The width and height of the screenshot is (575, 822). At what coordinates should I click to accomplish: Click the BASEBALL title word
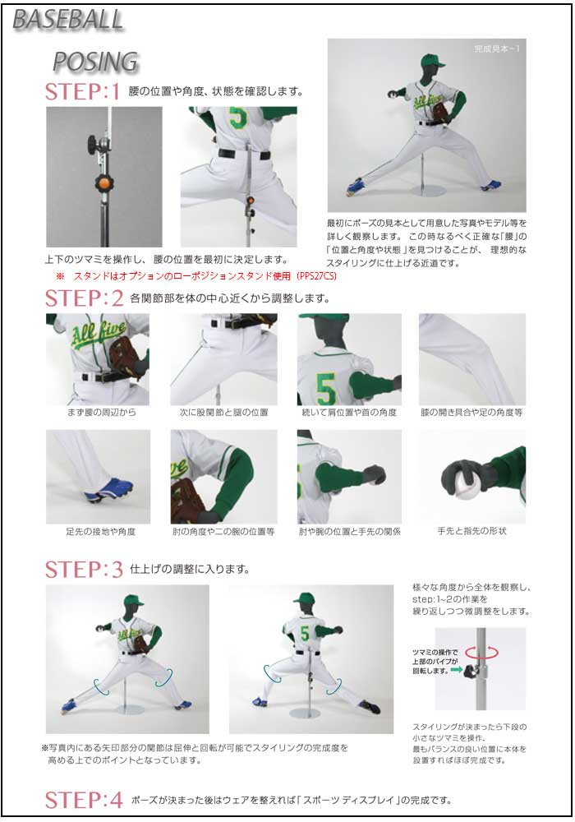[x=67, y=20]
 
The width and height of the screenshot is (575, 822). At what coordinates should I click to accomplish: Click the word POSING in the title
[x=95, y=62]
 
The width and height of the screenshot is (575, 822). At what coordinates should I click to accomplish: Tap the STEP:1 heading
[x=83, y=92]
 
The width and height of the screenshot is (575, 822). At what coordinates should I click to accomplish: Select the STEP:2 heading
[x=84, y=298]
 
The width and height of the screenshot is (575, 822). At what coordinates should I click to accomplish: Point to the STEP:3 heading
[x=84, y=570]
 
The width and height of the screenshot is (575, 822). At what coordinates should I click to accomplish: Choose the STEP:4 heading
[x=84, y=800]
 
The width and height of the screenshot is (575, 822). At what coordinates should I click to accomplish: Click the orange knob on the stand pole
[x=103, y=183]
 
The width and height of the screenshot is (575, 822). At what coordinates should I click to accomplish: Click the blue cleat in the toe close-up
[x=108, y=488]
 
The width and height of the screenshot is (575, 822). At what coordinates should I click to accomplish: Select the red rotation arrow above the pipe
[x=481, y=653]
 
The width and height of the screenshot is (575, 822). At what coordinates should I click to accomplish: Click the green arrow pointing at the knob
[x=456, y=669]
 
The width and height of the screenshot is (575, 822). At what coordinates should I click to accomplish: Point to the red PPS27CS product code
[x=316, y=275]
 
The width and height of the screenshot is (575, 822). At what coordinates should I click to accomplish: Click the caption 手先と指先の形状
[x=471, y=531]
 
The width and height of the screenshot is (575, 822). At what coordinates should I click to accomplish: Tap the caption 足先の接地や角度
[x=100, y=532]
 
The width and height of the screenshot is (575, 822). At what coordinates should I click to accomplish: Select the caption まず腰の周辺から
[x=102, y=413]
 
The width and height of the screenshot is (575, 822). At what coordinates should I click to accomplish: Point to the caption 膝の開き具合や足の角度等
[x=471, y=413]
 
